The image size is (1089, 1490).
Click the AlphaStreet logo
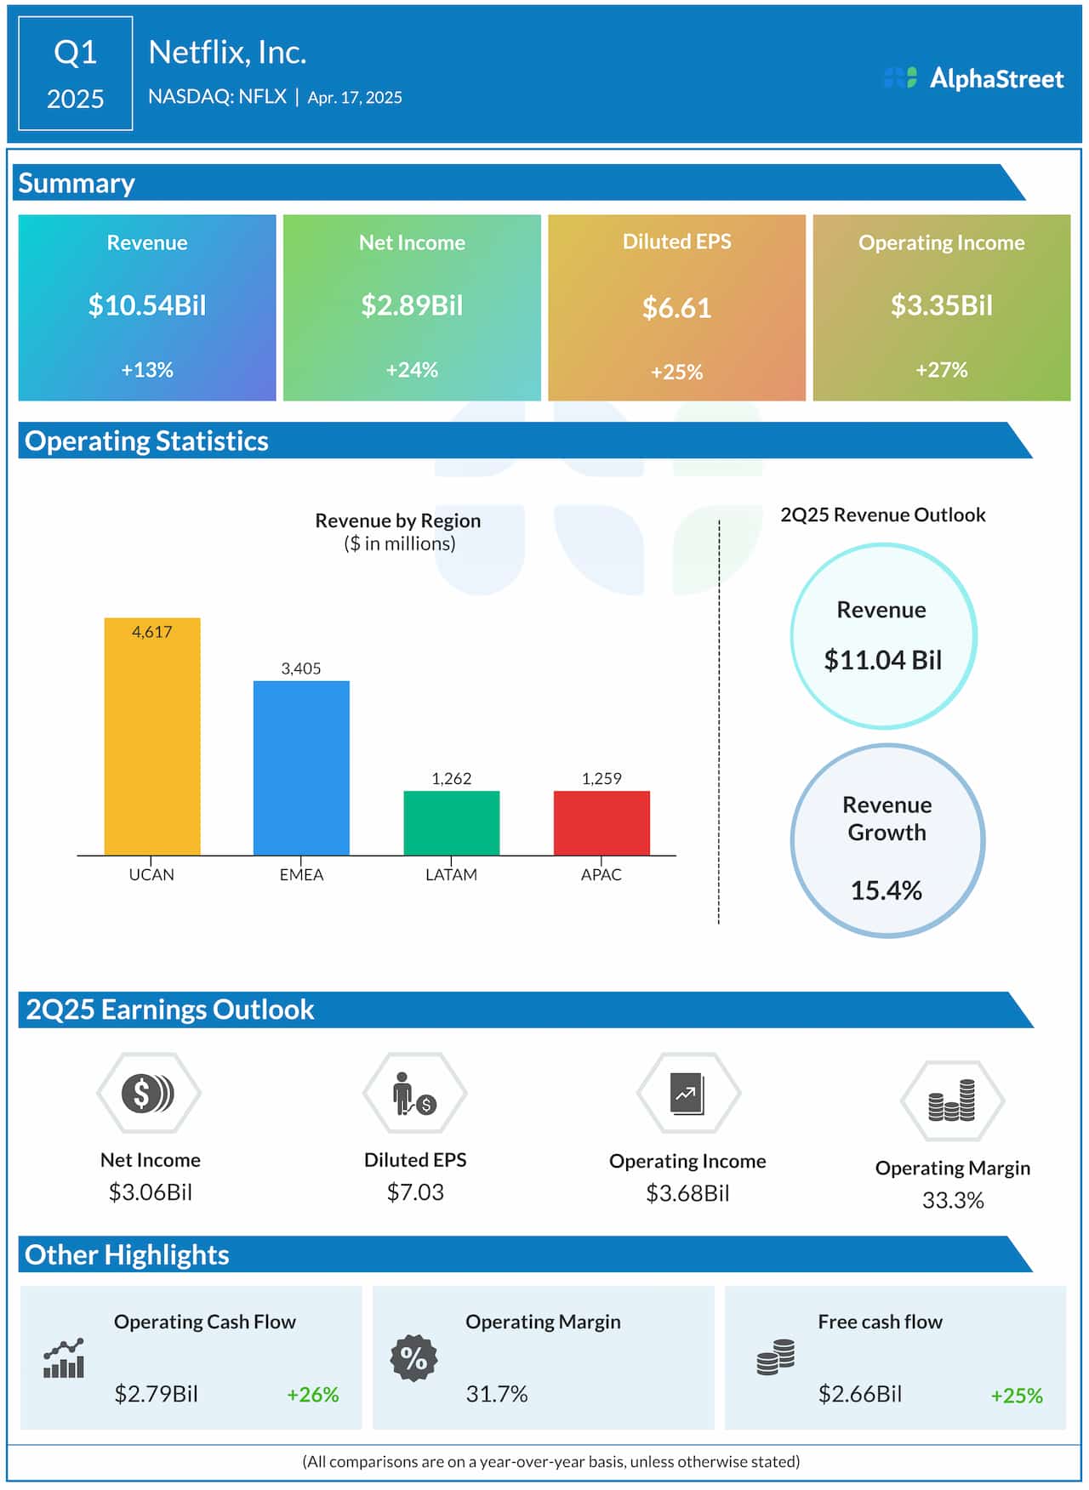tap(974, 78)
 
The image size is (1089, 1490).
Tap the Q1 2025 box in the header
tap(75, 74)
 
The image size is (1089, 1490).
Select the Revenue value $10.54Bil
tap(147, 305)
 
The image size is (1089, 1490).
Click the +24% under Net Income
tap(412, 370)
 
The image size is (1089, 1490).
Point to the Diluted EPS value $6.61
tap(676, 308)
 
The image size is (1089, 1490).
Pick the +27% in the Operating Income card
tap(941, 370)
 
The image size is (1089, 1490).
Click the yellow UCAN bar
tap(152, 740)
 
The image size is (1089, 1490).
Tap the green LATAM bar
tap(451, 822)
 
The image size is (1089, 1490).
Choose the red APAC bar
tap(602, 822)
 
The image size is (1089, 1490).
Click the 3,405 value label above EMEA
tap(301, 668)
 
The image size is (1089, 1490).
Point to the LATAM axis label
tap(451, 874)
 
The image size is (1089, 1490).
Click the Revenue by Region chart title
tap(398, 520)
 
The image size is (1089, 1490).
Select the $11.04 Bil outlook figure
tap(882, 660)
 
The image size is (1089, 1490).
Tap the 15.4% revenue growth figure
tap(886, 890)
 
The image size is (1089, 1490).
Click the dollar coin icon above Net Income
tap(148, 1093)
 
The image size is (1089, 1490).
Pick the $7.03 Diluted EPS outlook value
tap(415, 1192)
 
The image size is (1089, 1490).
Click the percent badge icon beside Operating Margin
tap(413, 1358)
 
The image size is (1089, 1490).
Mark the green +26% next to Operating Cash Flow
tap(312, 1395)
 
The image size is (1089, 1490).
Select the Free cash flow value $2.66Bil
tap(859, 1394)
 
